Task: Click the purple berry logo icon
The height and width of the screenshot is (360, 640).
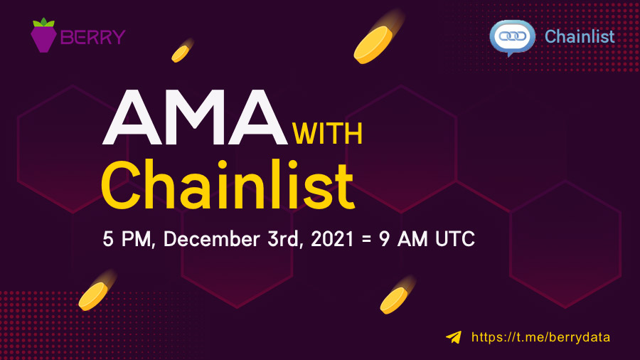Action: click(x=43, y=36)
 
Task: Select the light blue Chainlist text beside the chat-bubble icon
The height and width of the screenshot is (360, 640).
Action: click(x=579, y=36)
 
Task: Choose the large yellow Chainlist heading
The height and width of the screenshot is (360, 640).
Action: click(x=228, y=183)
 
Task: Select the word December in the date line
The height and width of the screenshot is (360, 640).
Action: click(x=210, y=239)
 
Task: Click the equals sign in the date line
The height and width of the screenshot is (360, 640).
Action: click(x=366, y=240)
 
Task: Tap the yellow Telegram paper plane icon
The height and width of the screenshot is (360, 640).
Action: click(x=454, y=337)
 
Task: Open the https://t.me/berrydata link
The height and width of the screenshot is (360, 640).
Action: click(x=540, y=337)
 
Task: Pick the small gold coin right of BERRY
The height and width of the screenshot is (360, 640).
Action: click(x=181, y=53)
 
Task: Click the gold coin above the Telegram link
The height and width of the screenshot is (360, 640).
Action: click(x=393, y=300)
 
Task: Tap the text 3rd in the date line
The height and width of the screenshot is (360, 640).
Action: click(x=281, y=239)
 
